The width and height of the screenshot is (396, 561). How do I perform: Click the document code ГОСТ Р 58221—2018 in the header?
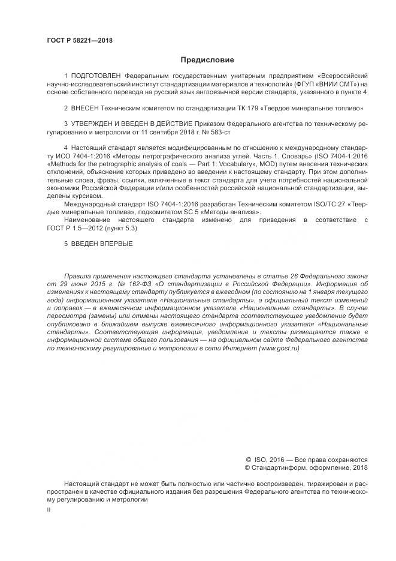coord(80,41)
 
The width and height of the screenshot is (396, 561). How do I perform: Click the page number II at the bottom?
coord(49,509)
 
